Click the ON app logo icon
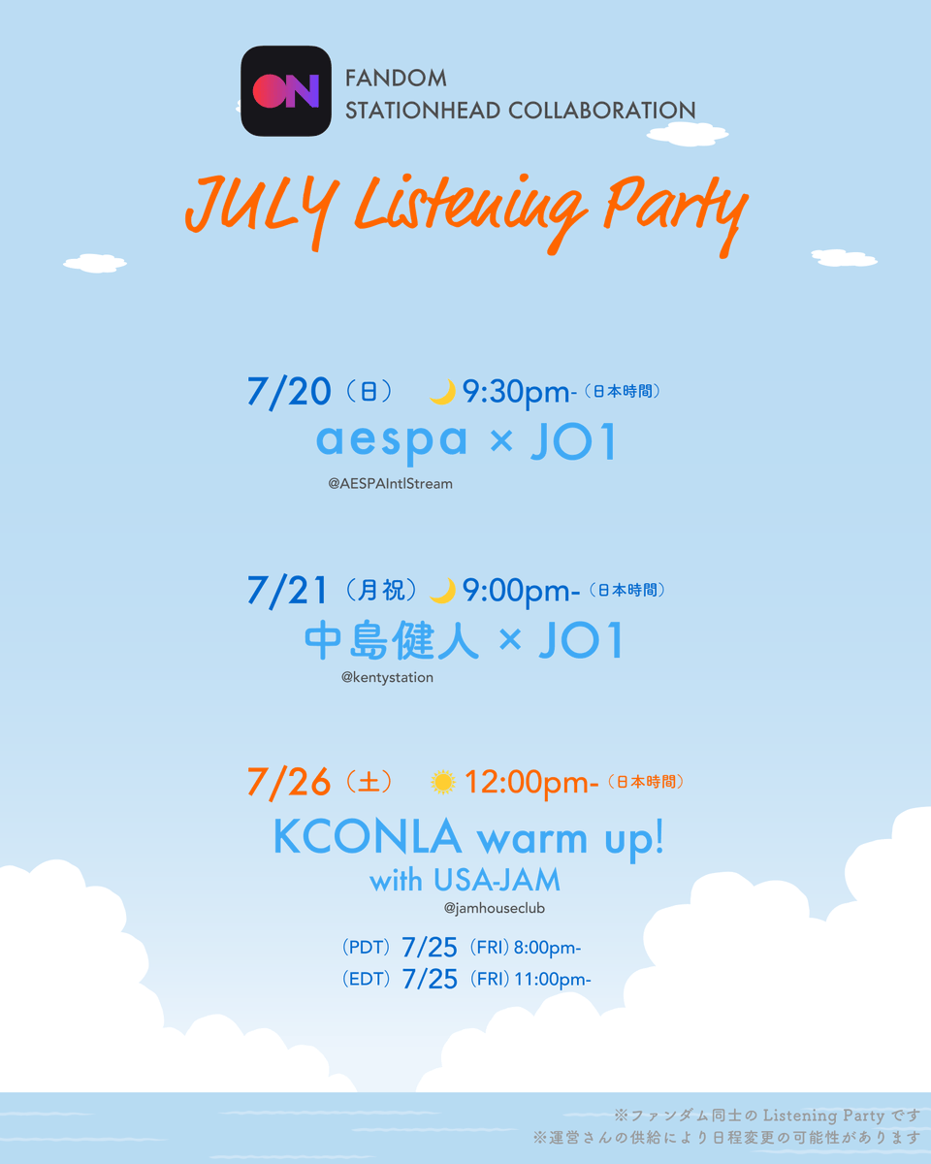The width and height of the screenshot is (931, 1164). click(286, 91)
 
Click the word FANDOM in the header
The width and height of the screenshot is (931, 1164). click(396, 79)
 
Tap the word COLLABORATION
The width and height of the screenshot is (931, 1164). click(601, 111)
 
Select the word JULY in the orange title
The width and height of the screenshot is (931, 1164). click(262, 210)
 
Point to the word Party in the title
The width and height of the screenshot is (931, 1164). click(676, 213)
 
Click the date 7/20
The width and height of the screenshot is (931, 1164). click(289, 391)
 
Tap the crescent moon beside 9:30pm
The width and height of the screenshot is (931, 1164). click(443, 392)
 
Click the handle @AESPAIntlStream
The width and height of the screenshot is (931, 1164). click(390, 484)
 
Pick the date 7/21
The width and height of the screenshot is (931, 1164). click(287, 590)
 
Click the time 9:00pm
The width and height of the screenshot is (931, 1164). click(521, 591)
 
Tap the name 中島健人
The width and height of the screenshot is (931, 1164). click(392, 640)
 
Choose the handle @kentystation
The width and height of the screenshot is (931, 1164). click(387, 678)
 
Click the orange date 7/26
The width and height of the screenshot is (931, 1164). click(289, 782)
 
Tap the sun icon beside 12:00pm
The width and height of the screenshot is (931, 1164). click(443, 782)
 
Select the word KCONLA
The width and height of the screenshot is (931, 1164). click(368, 837)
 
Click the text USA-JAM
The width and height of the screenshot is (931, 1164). click(497, 880)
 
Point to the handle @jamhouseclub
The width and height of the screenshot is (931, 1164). click(494, 908)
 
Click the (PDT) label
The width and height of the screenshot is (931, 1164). click(367, 947)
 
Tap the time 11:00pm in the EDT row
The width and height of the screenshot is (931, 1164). click(553, 979)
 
